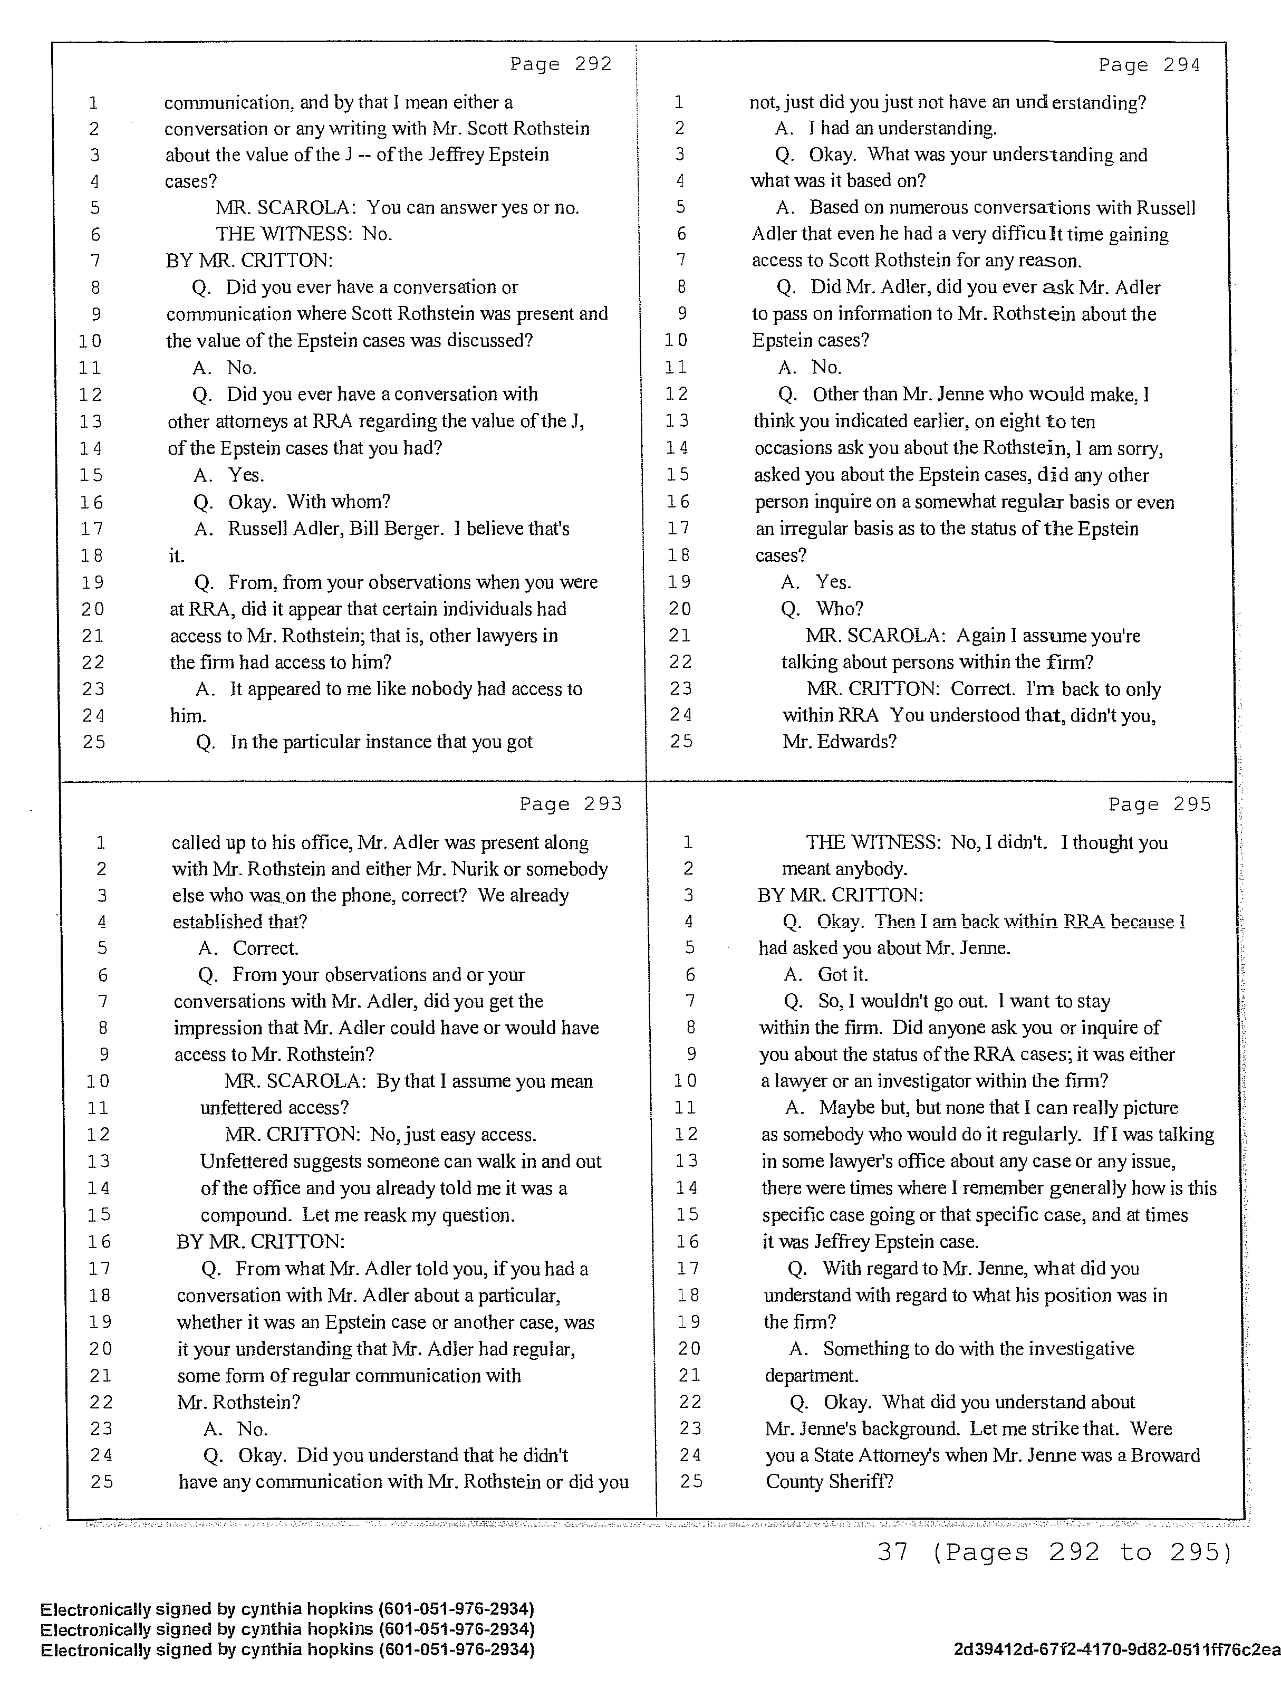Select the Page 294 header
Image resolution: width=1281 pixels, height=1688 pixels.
(1149, 65)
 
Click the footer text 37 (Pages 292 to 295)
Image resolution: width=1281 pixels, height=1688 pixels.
(1054, 1552)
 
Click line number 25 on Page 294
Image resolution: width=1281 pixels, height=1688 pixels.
(680, 742)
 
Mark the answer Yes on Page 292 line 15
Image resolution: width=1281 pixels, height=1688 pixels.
(246, 475)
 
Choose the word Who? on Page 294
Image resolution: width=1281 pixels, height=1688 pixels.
(839, 609)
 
